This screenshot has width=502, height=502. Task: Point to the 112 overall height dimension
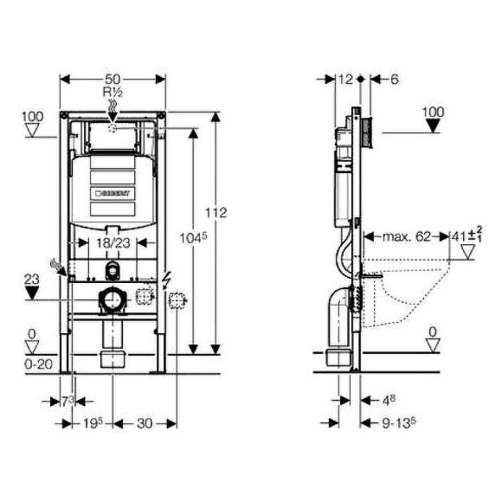217,212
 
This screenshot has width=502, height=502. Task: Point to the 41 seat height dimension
464,236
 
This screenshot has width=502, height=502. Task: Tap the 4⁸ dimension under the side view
389,401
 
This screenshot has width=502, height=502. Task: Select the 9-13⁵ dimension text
400,423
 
